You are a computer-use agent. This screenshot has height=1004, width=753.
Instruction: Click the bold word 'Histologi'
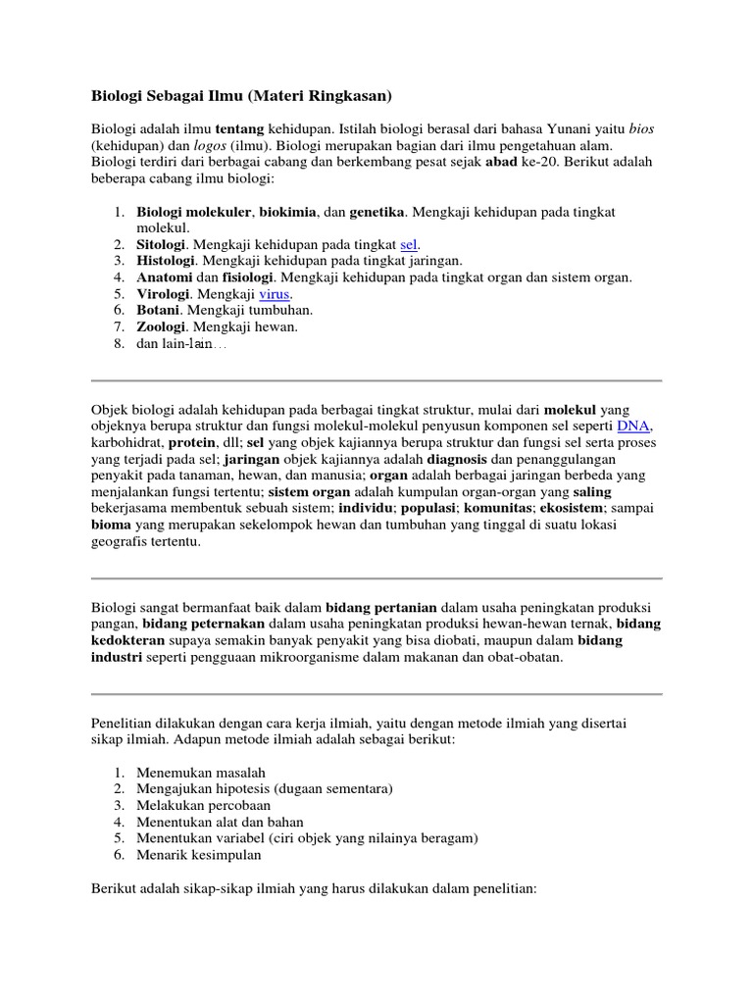[x=167, y=261]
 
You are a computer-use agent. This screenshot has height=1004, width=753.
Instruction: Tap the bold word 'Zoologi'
[x=162, y=327]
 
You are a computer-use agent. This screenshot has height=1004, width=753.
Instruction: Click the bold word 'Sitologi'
[x=163, y=244]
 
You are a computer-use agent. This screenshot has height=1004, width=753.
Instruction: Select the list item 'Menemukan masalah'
[x=201, y=772]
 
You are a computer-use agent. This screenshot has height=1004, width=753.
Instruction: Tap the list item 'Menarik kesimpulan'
[x=199, y=855]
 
